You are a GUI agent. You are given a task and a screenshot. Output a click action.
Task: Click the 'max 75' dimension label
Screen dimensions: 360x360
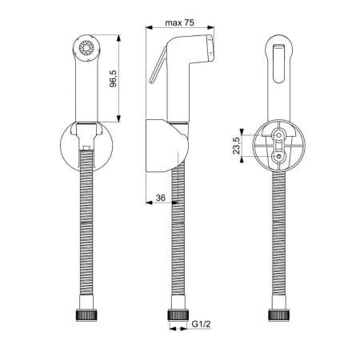[179, 22]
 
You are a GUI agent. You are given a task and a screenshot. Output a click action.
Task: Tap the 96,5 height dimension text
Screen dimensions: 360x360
[114, 79]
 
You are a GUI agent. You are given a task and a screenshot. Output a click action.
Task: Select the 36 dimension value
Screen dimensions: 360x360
[161, 198]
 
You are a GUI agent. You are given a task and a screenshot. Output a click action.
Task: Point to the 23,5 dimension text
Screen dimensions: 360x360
[237, 146]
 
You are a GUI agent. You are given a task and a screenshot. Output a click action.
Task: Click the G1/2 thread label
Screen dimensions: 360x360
[202, 324]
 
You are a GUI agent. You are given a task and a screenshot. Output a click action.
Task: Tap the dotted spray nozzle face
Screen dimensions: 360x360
[86, 48]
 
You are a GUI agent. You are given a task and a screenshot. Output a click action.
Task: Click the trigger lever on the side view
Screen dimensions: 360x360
[158, 65]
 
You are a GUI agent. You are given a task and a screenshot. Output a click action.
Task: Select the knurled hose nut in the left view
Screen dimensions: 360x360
[86, 315]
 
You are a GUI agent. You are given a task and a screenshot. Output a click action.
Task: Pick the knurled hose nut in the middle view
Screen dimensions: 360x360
[178, 314]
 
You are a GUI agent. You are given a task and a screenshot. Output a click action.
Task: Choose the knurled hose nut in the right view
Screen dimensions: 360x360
[279, 315]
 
